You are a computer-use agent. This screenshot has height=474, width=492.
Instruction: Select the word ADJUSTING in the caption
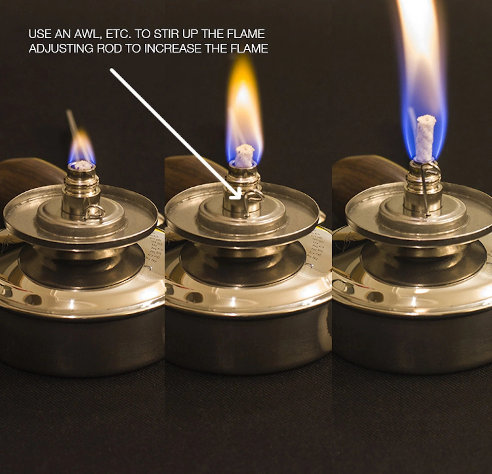tap(61, 49)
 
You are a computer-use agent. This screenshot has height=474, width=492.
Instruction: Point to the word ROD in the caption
tap(109, 49)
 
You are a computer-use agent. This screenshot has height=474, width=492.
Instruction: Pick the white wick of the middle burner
tap(244, 155)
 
